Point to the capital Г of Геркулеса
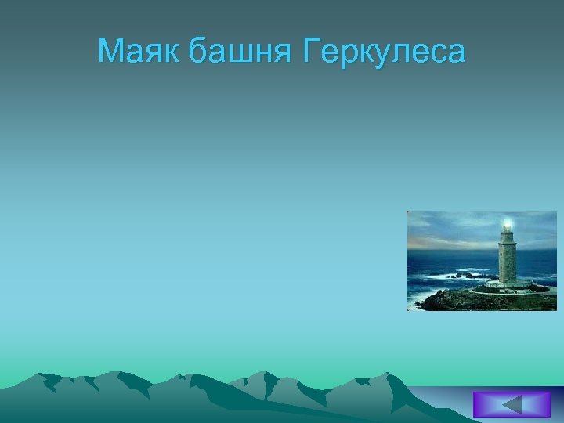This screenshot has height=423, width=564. point(306,52)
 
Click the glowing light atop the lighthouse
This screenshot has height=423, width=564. point(508,224)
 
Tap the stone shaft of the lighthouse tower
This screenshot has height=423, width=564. point(507,262)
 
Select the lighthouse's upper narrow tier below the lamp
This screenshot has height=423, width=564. point(508,236)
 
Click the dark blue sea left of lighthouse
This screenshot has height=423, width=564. point(446,258)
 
